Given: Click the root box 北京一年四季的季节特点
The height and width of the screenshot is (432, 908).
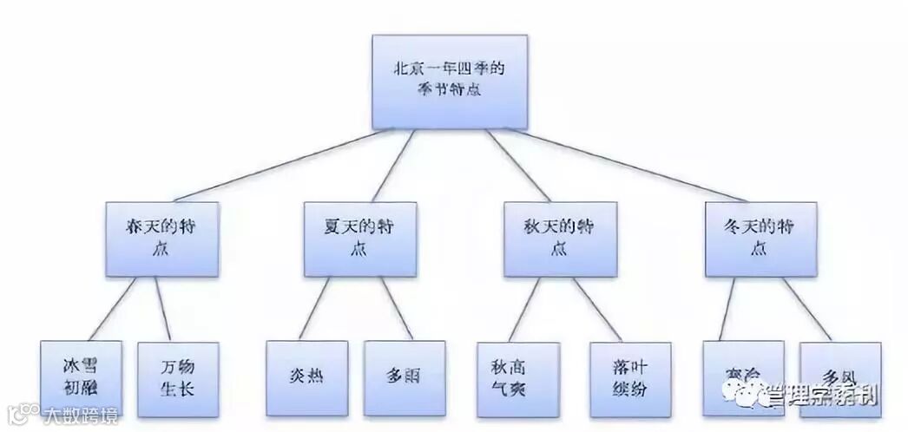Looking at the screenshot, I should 449,80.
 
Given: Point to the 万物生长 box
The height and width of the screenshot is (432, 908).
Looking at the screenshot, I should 177,379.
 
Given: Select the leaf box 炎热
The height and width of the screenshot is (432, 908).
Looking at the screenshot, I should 306,379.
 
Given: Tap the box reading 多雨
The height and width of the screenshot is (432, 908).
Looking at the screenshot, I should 404,379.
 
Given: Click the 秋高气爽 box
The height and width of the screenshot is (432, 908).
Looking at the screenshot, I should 517,379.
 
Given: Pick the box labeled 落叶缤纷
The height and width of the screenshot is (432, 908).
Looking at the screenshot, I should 629,379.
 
